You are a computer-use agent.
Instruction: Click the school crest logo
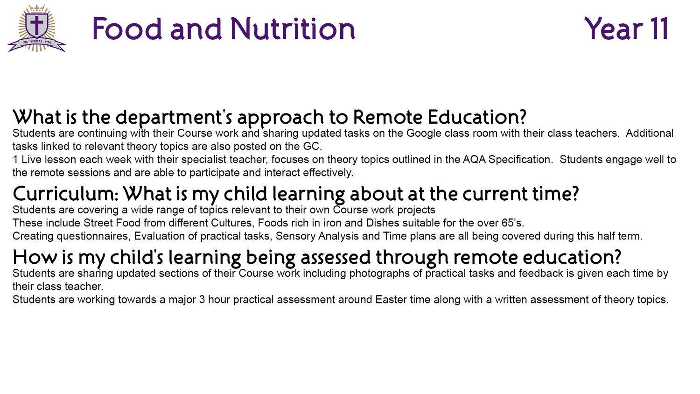click(37, 28)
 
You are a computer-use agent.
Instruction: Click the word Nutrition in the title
click(293, 28)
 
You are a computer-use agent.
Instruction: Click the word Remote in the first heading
click(387, 117)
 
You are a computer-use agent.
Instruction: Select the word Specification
click(519, 160)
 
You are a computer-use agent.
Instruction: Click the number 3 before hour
click(202, 300)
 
